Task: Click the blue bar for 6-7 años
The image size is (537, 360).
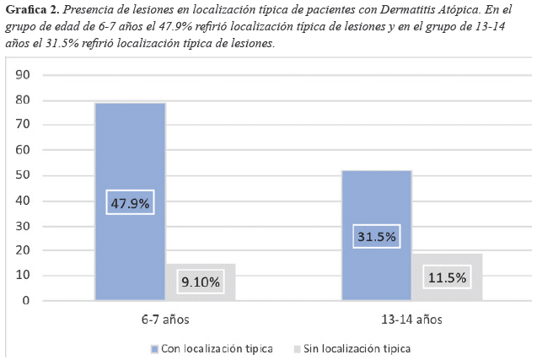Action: point(130,152)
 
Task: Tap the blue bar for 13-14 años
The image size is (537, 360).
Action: point(376,202)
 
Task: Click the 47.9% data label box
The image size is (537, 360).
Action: point(130,203)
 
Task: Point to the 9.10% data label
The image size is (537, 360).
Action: point(201,282)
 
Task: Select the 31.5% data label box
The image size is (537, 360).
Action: point(376,237)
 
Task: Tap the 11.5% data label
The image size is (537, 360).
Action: point(447,277)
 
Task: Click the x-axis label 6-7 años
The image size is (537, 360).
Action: point(164,320)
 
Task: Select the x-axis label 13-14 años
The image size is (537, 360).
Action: point(411,320)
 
